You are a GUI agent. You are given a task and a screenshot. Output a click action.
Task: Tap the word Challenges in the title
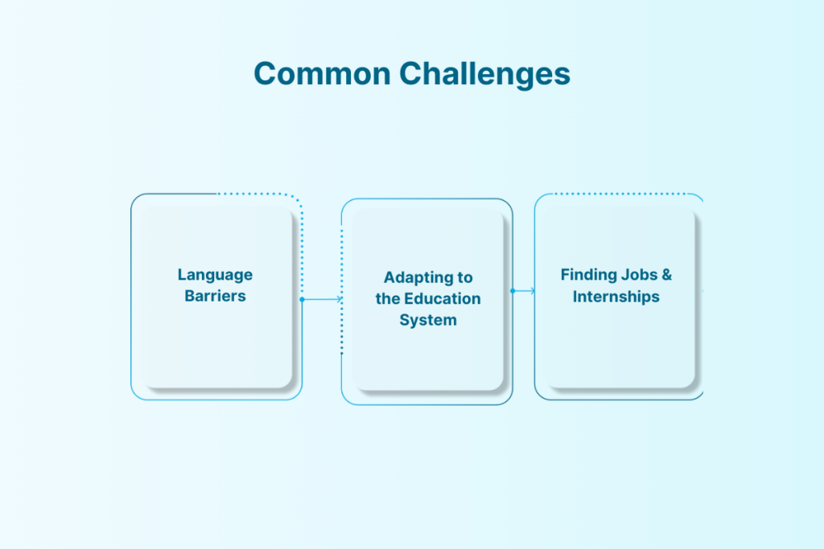pyautogui.click(x=485, y=74)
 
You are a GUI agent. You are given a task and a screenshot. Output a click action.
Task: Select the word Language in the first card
pyautogui.click(x=215, y=275)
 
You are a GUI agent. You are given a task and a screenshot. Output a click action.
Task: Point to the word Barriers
pyautogui.click(x=215, y=296)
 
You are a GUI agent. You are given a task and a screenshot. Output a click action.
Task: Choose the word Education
pyautogui.click(x=442, y=299)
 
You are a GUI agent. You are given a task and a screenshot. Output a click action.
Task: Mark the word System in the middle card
pyautogui.click(x=428, y=320)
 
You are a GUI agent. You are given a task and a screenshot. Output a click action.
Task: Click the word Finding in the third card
pyautogui.click(x=588, y=275)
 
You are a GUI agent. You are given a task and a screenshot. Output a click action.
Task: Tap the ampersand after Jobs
pyautogui.click(x=666, y=275)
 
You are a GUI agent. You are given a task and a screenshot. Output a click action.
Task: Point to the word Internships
pyautogui.click(x=616, y=297)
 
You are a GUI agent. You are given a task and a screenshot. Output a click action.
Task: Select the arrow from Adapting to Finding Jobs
pyautogui.click(x=525, y=291)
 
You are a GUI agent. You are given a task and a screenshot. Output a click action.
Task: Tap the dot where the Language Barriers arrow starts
pyautogui.click(x=302, y=299)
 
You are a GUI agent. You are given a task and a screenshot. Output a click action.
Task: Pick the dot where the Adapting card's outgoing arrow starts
pyautogui.click(x=513, y=291)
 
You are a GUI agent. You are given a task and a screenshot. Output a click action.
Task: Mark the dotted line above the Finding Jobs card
pyautogui.click(x=620, y=194)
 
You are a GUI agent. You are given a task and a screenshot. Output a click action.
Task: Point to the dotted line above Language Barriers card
pyautogui.click(x=257, y=194)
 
